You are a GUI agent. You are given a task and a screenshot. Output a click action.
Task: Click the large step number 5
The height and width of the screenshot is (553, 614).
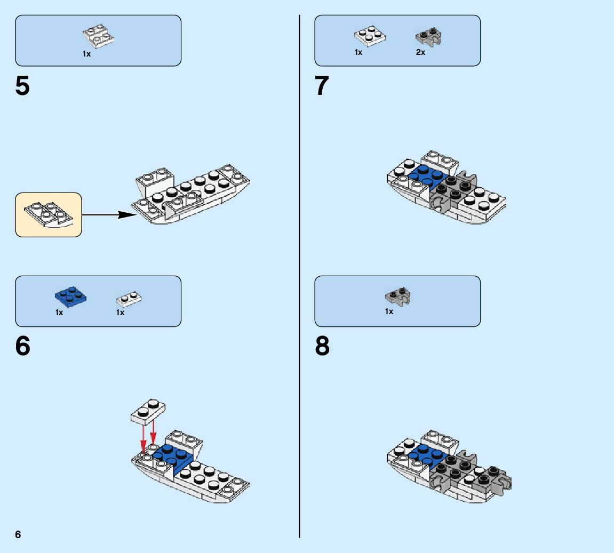[x=22, y=86]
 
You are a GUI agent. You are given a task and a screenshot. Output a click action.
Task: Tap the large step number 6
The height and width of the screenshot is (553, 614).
[x=23, y=346]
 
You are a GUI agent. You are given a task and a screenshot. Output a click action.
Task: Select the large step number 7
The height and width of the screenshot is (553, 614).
[x=322, y=86]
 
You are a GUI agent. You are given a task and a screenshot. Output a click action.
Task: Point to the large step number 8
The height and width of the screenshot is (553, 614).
[x=322, y=346]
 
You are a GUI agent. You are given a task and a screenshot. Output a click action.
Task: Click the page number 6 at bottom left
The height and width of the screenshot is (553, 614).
[x=18, y=534]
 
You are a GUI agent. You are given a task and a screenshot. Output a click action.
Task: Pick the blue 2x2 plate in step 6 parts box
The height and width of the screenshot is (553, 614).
[x=70, y=297]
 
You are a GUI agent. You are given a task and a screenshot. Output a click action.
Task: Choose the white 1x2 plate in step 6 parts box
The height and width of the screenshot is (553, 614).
[x=129, y=299]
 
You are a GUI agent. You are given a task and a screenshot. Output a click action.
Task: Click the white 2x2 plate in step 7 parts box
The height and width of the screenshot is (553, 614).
[x=370, y=36]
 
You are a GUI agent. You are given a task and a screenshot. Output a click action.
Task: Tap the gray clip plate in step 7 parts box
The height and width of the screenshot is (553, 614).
[x=428, y=36]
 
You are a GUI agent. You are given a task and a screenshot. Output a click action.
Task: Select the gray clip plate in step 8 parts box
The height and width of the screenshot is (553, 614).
[x=398, y=296]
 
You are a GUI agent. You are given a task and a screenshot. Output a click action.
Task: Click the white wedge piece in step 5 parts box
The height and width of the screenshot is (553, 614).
[x=98, y=36]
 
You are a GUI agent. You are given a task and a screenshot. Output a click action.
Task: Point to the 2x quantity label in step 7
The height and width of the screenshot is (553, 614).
[x=420, y=52]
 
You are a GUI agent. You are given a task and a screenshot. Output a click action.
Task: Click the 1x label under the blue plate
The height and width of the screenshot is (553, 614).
[x=59, y=312]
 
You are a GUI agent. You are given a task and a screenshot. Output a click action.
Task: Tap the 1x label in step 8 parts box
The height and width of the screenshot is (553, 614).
[x=389, y=311]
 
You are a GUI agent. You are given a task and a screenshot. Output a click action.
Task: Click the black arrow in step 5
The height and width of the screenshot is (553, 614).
[x=109, y=214]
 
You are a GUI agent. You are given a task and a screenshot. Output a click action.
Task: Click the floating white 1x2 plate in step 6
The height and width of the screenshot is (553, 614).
[x=148, y=412]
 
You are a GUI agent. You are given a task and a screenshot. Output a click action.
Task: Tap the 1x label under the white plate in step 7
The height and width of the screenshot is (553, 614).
[x=358, y=52]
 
